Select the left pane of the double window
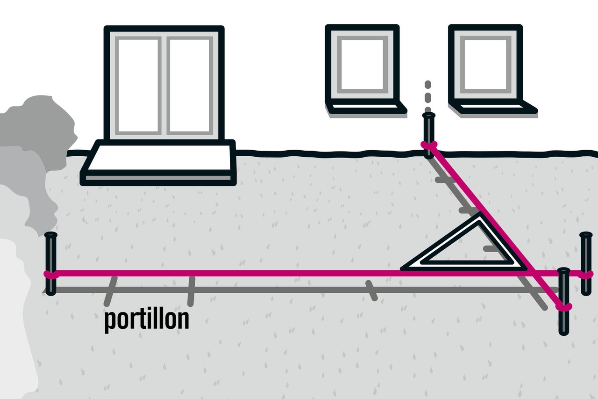pyautogui.click(x=138, y=86)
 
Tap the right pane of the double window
pyautogui.click(x=190, y=86)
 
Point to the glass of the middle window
pyautogui.click(x=362, y=65)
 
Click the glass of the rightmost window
pyautogui.click(x=485, y=65)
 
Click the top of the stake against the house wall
pyautogui.click(x=429, y=116)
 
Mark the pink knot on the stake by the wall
pyautogui.click(x=429, y=145)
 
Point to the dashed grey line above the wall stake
pyautogui.click(x=427, y=96)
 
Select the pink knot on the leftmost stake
pyautogui.click(x=51, y=275)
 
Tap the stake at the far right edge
pyautogui.click(x=586, y=264)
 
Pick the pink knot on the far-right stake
pyautogui.click(x=586, y=274)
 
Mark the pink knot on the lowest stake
pyautogui.click(x=564, y=307)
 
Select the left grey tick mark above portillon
pyautogui.click(x=111, y=291)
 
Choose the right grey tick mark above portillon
pyautogui.click(x=191, y=291)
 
